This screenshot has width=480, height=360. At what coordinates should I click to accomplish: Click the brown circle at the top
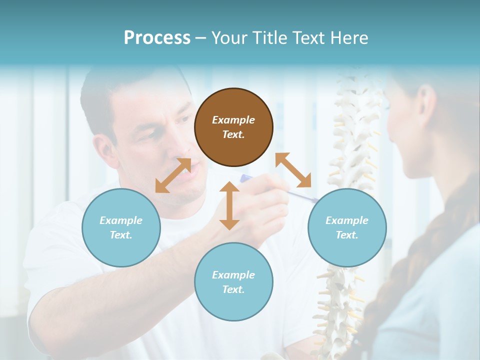(x=233, y=127)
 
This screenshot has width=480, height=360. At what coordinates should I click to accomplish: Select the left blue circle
(x=121, y=227)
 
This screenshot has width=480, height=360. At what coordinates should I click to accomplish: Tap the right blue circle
(x=347, y=227)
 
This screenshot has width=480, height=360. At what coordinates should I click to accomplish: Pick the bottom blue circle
(x=233, y=282)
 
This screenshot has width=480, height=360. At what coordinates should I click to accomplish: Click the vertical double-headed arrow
(x=229, y=205)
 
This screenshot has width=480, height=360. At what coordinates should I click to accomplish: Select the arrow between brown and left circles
(x=173, y=175)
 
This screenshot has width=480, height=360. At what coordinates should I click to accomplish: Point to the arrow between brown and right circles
(x=293, y=170)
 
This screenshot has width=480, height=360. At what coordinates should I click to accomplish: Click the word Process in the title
(x=157, y=38)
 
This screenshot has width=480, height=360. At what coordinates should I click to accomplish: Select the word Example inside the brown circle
(x=233, y=120)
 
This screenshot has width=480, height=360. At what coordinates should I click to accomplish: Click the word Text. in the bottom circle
(x=233, y=289)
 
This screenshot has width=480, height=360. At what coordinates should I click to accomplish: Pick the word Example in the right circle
(x=347, y=220)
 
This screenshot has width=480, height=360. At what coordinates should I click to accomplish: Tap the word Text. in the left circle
(x=121, y=235)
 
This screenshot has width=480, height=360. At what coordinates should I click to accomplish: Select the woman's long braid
(x=420, y=260)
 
